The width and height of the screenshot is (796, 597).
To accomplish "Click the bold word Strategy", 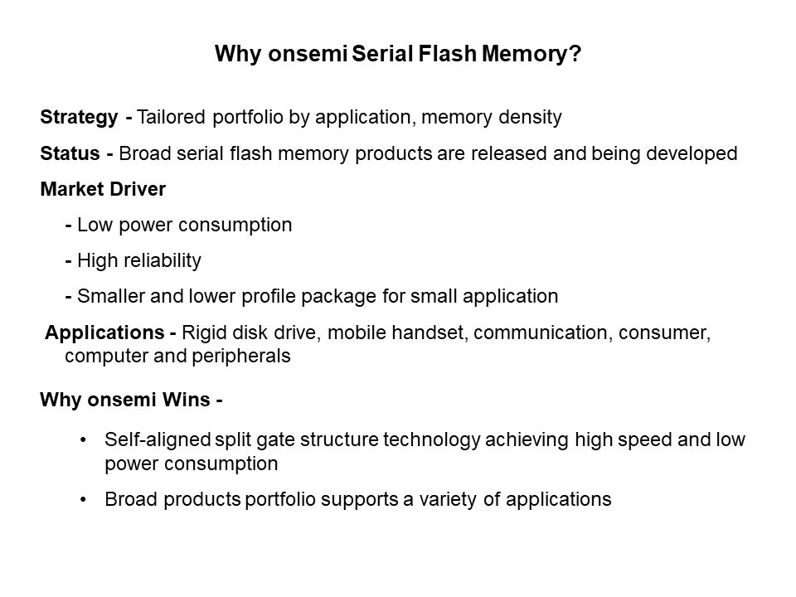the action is point(80,117).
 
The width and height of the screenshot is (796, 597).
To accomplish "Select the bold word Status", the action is point(70,153).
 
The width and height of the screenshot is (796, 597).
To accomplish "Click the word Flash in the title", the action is point(447,53).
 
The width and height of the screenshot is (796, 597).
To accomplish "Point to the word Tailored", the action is point(171,117).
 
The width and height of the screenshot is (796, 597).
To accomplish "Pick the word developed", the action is point(692,154).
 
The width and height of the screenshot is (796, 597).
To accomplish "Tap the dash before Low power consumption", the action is point(69,226).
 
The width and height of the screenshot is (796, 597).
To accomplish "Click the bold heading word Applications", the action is point(104,333).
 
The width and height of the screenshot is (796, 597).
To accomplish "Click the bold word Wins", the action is point(186,400).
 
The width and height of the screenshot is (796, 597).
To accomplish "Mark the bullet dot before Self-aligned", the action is point(83,440).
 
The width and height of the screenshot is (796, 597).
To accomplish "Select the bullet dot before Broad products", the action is point(83,500).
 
